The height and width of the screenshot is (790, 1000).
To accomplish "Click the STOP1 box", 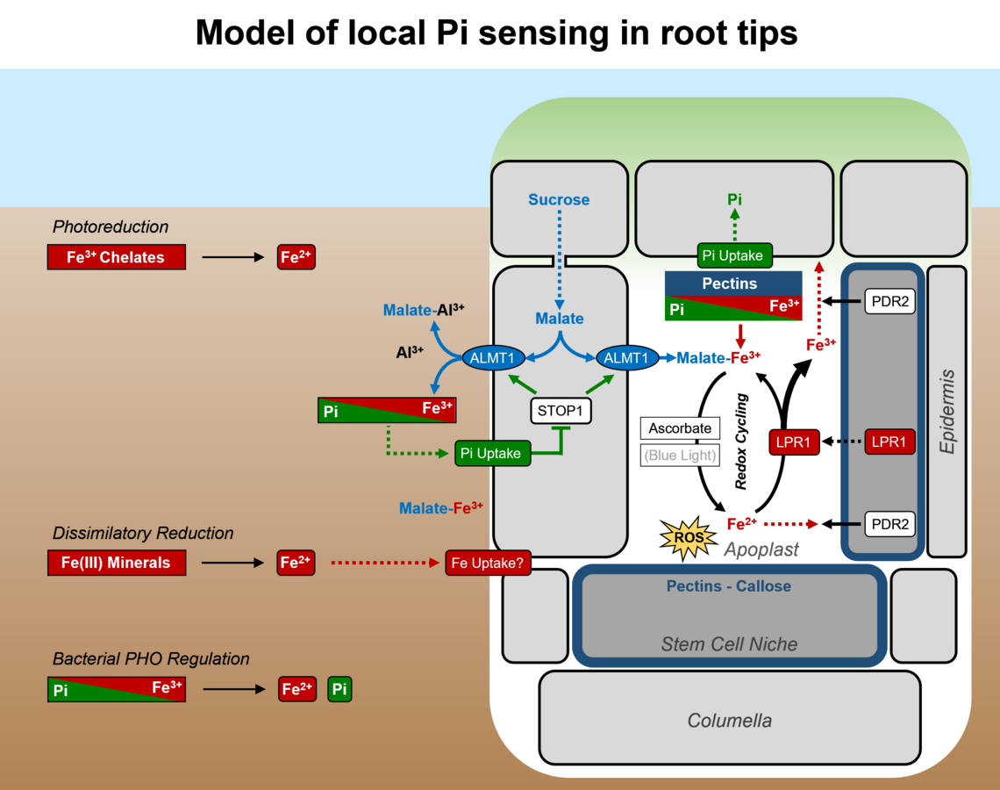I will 561,410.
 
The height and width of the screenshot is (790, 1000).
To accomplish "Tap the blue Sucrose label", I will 559,200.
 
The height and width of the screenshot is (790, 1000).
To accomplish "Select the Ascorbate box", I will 680,428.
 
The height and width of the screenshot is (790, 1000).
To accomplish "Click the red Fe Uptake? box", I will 489,563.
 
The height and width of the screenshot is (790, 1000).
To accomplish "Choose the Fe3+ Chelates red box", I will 117,257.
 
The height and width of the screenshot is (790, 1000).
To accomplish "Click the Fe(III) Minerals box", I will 117,563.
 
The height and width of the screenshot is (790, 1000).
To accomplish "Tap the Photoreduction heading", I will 111,226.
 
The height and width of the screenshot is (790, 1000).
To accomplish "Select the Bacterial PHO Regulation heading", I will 151,658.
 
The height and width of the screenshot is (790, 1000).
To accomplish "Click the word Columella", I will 729,721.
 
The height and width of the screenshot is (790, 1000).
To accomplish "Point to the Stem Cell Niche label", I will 729,644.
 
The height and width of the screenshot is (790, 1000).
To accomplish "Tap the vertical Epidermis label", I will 946,411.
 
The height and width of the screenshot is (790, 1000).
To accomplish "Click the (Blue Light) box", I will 680,455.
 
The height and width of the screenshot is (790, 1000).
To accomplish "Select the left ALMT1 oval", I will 494,358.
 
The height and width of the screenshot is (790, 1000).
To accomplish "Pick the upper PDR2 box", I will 889,302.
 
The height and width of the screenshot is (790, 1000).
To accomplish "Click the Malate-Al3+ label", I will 424,310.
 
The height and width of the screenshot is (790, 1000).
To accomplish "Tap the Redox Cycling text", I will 741,442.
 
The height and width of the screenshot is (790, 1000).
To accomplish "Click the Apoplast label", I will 761,549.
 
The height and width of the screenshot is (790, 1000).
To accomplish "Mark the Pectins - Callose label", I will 728,586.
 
